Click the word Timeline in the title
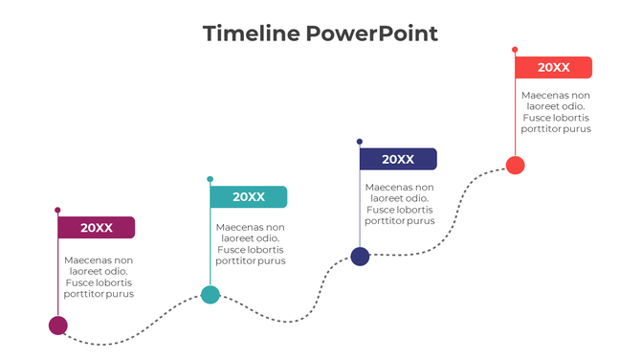click(x=251, y=34)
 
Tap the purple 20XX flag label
click(x=97, y=228)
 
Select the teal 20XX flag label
click(x=249, y=197)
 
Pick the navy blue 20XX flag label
click(x=398, y=160)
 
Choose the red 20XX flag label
click(x=553, y=68)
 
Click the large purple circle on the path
click(x=58, y=326)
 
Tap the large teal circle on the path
click(x=210, y=295)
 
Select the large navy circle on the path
click(x=360, y=256)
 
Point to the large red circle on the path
click(x=515, y=165)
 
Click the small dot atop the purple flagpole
click(x=57, y=210)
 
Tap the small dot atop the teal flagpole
click(x=210, y=179)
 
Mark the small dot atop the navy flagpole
click(x=360, y=142)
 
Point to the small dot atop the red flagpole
click(x=515, y=49)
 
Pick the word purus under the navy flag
click(x=421, y=221)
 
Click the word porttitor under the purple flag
click(x=84, y=294)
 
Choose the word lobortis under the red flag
click(x=572, y=118)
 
